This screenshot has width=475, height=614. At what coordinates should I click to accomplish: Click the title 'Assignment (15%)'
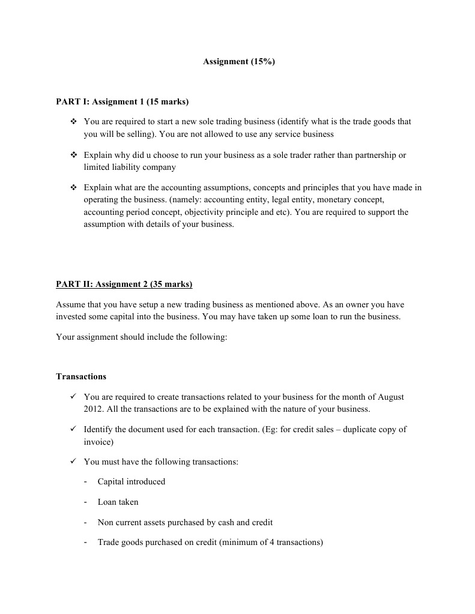click(238, 61)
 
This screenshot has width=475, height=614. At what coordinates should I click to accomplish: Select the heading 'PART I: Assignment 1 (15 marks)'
click(122, 101)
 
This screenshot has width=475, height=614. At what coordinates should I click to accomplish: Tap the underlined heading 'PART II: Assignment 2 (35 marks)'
click(124, 284)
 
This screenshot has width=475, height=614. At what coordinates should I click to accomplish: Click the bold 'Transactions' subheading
click(81, 377)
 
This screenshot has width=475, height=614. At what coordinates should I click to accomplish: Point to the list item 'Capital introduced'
click(131, 481)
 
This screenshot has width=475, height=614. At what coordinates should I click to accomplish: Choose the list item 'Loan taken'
click(118, 502)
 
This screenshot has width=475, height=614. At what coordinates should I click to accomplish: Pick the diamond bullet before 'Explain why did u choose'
click(73, 155)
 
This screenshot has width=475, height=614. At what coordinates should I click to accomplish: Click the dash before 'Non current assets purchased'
click(86, 522)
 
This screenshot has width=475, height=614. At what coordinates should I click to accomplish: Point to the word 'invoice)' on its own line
click(98, 442)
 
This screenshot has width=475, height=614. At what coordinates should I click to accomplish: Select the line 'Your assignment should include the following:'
click(141, 337)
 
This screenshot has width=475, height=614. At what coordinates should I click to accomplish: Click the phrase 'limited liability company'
click(130, 167)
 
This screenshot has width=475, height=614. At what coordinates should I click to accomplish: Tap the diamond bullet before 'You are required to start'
click(73, 121)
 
